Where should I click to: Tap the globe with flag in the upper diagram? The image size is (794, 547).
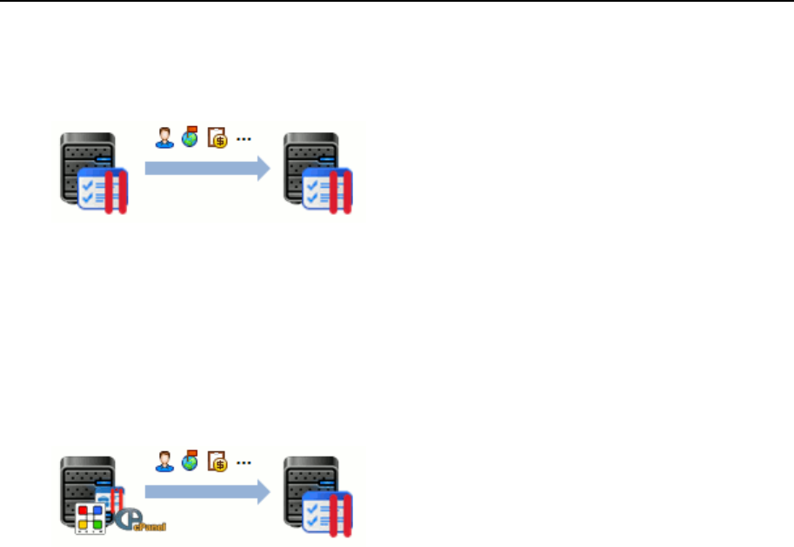point(190,137)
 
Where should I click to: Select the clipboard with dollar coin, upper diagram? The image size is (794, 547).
point(217,138)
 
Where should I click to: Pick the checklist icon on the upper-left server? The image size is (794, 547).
point(103,190)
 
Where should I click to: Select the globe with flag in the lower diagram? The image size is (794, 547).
point(190,461)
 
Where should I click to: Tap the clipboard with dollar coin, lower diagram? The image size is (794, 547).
point(217,462)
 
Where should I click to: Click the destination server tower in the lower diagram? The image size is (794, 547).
point(308,481)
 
